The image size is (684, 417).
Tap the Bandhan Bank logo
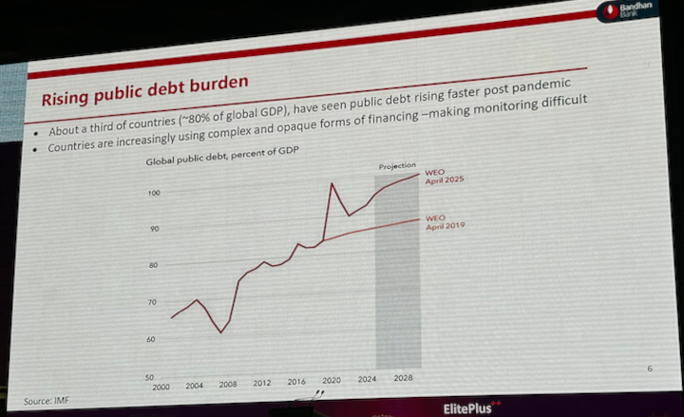click(635, 13)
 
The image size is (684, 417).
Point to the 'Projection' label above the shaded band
click(397, 166)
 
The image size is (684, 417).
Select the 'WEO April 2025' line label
click(444, 177)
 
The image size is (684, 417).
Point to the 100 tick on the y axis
click(154, 193)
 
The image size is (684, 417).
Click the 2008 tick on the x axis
click(228, 385)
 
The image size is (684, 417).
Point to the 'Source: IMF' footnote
click(49, 400)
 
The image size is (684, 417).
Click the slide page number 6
click(649, 368)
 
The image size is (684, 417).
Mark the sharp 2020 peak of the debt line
click(332, 183)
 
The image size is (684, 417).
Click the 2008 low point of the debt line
click(220, 332)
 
